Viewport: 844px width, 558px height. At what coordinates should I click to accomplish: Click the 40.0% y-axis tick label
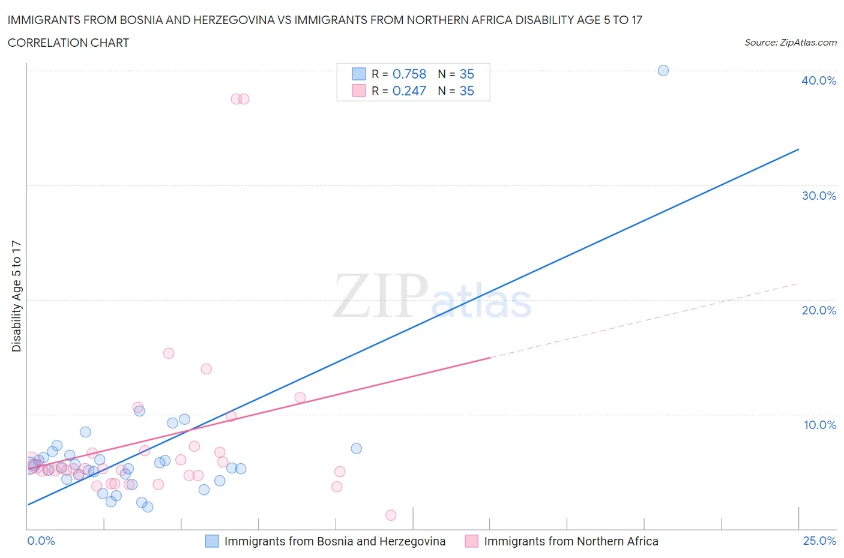[x=819, y=80]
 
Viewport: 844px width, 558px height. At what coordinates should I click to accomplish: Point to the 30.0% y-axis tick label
[x=819, y=196]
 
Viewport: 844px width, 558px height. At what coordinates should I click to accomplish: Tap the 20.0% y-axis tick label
[x=819, y=310]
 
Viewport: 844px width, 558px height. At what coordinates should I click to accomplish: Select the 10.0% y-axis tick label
[x=820, y=425]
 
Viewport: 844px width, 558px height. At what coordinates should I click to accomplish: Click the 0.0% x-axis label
[x=41, y=541]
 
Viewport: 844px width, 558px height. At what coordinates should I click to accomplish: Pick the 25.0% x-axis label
[x=819, y=541]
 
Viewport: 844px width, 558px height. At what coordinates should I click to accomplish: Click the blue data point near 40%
[x=663, y=70]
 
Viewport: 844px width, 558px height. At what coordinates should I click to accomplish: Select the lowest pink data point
[x=391, y=515]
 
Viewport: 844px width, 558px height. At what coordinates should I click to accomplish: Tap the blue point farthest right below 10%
[x=356, y=448]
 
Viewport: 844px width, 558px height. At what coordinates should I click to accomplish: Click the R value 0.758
[x=409, y=74]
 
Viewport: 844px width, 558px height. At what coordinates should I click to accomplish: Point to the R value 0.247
[x=409, y=91]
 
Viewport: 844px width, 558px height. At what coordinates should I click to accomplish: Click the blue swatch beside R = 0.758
[x=358, y=74]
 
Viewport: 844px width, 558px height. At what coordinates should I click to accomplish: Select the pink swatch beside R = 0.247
[x=358, y=91]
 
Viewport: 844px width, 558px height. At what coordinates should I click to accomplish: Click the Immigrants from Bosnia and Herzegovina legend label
[x=335, y=541]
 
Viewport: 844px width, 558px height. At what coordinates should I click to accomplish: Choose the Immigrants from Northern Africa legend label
[x=571, y=541]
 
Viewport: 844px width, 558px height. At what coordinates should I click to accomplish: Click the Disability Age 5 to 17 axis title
[x=16, y=296]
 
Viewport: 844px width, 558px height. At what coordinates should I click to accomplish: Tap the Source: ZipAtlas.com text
[x=790, y=43]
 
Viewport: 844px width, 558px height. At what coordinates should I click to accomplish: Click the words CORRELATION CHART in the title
[x=68, y=43]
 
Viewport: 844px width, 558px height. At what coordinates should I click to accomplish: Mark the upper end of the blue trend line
[x=798, y=149]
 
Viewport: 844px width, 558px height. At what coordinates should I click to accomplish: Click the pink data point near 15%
[x=169, y=353]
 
